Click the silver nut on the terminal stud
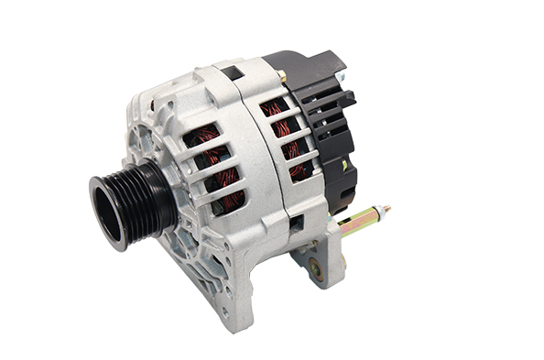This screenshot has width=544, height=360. pos(346,224)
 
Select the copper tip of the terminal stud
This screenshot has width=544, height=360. pos(386,210)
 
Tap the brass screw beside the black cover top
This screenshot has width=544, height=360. pos(282,77)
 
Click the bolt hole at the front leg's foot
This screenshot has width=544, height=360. pos(224,311)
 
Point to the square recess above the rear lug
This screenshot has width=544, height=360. pos(296,222)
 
